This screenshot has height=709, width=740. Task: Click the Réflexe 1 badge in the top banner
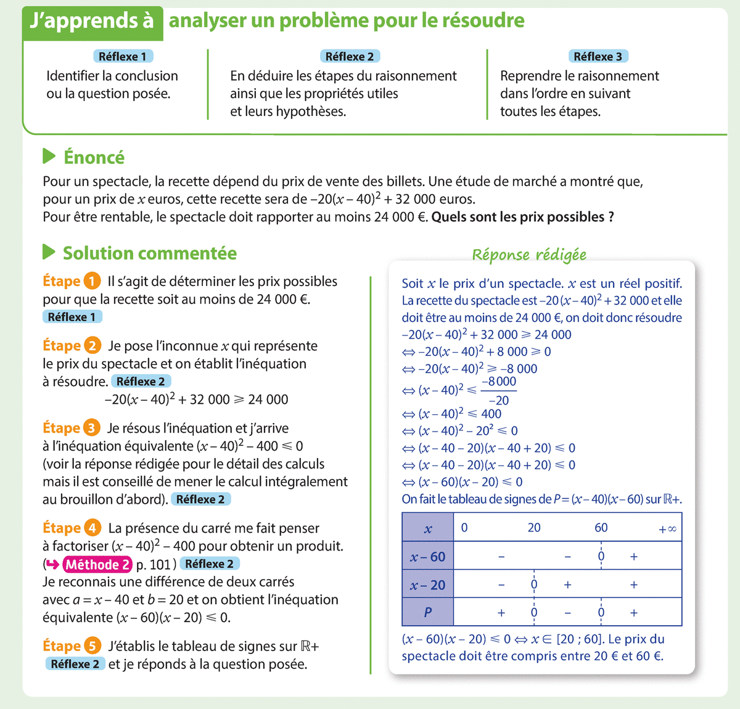(x=122, y=56)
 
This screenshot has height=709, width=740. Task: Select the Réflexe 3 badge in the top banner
(x=597, y=56)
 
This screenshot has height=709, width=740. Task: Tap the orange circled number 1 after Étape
(x=92, y=281)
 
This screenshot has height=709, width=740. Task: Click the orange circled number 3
(x=91, y=428)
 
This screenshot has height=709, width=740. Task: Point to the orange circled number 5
(x=92, y=646)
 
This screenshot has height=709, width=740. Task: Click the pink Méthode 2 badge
(x=97, y=564)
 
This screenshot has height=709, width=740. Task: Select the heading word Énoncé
(x=94, y=157)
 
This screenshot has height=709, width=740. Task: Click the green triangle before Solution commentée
(x=49, y=253)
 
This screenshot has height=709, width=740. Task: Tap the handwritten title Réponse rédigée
(x=529, y=255)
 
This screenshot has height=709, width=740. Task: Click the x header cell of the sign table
(x=428, y=528)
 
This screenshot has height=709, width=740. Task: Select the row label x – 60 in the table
(x=428, y=557)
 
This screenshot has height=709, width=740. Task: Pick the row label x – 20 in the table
(x=428, y=585)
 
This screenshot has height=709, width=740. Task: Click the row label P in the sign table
(x=428, y=613)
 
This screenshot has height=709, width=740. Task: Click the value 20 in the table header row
(x=534, y=528)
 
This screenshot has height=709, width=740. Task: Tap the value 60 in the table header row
(x=601, y=528)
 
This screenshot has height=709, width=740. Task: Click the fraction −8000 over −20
(x=498, y=390)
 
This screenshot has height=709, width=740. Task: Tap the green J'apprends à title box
(x=92, y=22)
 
